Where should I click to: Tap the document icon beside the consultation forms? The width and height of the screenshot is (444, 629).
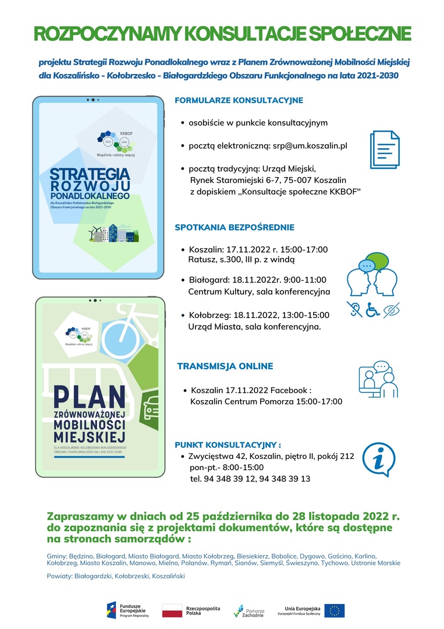[385, 150]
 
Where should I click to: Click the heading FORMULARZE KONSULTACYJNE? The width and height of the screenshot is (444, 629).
[239, 100]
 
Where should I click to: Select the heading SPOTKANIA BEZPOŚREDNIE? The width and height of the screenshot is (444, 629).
[235, 227]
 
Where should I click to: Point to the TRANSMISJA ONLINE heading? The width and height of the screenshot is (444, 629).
[225, 366]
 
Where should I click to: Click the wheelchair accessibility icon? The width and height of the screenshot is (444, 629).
[372, 310]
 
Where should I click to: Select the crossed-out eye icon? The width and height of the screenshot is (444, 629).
[392, 310]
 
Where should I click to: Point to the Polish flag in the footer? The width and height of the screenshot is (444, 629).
[172, 610]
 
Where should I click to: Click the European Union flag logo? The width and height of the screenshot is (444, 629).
[335, 610]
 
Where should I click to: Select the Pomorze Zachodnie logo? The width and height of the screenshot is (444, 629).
[248, 610]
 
